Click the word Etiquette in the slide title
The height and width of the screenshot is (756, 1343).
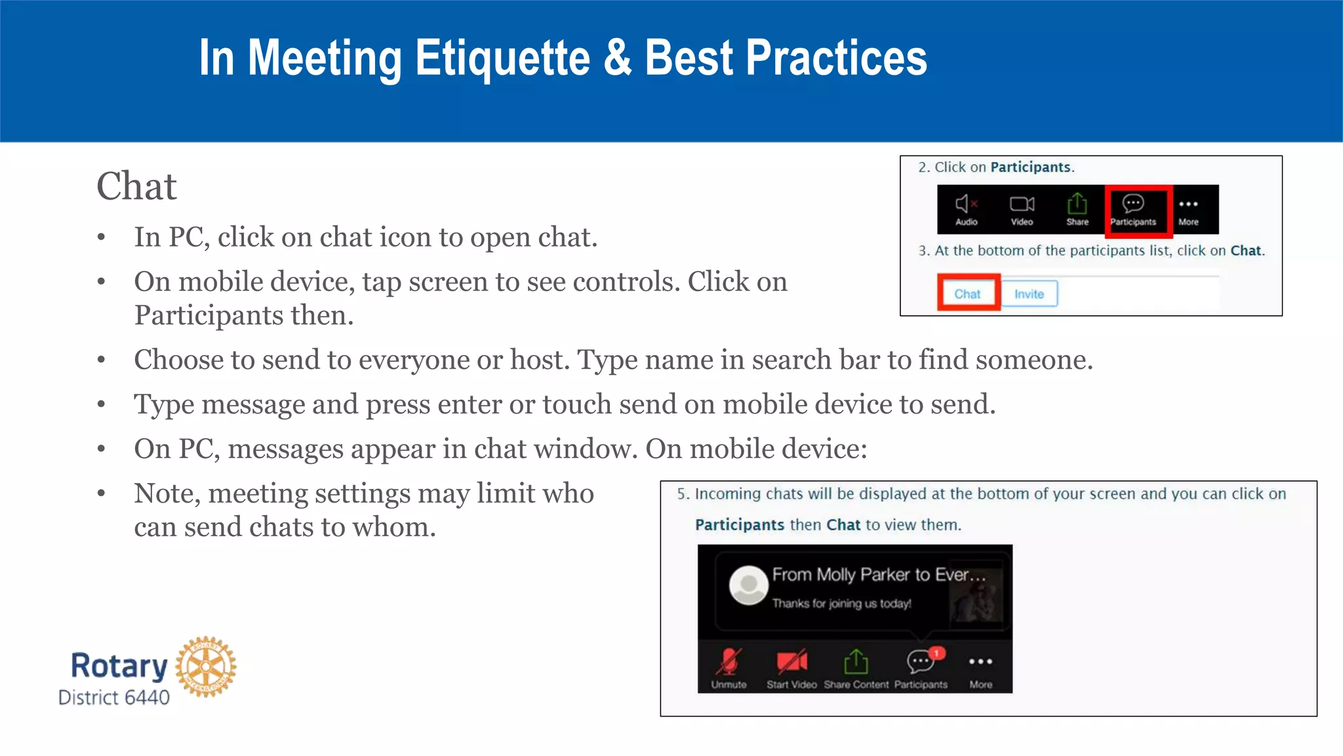pos(502,58)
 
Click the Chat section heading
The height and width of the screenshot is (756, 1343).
pos(136,186)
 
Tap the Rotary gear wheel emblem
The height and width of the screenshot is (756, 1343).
pos(206,667)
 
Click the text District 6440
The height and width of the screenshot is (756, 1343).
pos(114,697)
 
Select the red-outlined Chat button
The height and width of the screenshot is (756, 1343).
pos(968,293)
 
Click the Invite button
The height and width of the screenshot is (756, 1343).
pos(1029,294)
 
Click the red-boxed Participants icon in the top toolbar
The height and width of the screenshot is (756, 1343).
pos(1133,205)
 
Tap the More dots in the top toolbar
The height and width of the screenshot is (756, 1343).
pos(1188,205)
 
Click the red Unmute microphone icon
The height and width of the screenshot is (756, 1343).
pos(729,661)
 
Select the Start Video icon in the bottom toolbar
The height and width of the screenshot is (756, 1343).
pos(792,661)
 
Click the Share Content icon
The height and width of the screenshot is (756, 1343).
pos(856,661)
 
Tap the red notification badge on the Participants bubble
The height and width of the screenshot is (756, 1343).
pos(938,653)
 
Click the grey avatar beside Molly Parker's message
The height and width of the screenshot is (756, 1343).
pos(748,584)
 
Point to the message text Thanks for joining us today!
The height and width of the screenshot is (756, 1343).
pos(841,604)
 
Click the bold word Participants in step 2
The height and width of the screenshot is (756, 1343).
pos(1030,167)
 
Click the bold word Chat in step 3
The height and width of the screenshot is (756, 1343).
pos(1245,251)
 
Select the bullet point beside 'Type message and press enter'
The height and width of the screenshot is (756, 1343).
pos(101,404)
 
